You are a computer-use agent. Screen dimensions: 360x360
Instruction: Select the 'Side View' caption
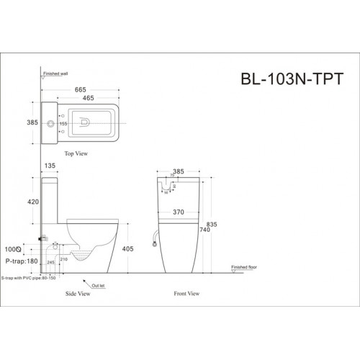pos(78,294)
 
